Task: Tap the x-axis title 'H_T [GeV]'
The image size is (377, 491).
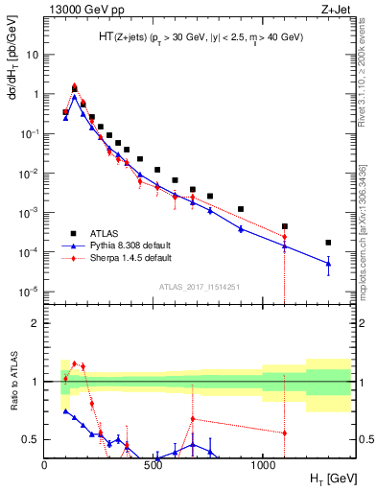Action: pos(326,478)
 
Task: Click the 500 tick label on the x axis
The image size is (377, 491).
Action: pos(154,465)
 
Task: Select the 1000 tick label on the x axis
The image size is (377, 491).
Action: pos(263,465)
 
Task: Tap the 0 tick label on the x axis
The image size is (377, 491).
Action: pos(45,465)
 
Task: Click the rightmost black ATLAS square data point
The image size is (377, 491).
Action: pos(328,243)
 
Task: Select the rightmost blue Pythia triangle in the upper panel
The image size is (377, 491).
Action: pos(328,263)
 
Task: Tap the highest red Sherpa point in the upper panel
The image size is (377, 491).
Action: pos(75,86)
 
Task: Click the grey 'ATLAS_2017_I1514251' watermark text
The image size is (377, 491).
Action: pos(199,286)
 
